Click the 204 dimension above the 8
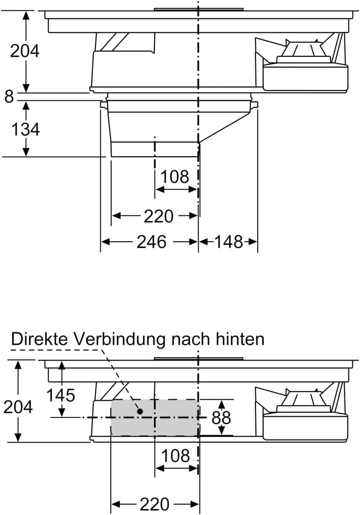25,51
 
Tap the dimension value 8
9,97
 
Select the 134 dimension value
25,129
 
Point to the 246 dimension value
151,242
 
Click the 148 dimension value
228,242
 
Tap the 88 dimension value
221,417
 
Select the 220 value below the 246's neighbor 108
159,216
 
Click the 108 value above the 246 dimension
175,176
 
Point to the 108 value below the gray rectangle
176,456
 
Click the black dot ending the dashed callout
140,411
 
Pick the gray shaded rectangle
155,417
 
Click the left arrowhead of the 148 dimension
203,242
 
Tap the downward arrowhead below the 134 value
26,152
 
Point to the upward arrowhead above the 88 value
221,405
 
